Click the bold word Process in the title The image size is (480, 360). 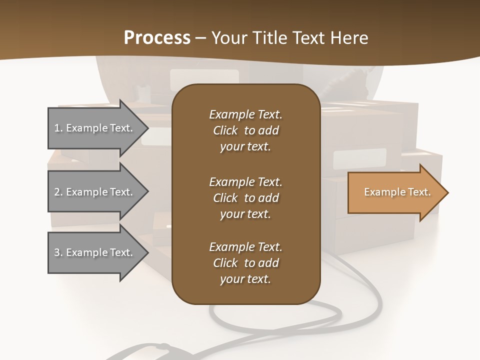point(157,38)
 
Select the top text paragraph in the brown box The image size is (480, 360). point(245,130)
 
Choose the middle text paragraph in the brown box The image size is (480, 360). point(245,198)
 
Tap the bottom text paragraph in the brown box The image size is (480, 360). point(245,263)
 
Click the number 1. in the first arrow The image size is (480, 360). point(58,128)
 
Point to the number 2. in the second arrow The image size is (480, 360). point(58,192)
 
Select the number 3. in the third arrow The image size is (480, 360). point(58,252)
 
